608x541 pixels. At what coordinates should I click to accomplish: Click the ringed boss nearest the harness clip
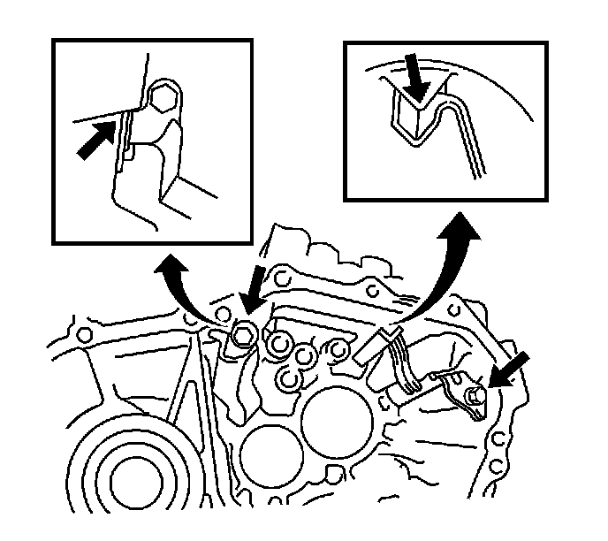point(338,352)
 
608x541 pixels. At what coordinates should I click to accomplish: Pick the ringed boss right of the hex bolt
point(281,344)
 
